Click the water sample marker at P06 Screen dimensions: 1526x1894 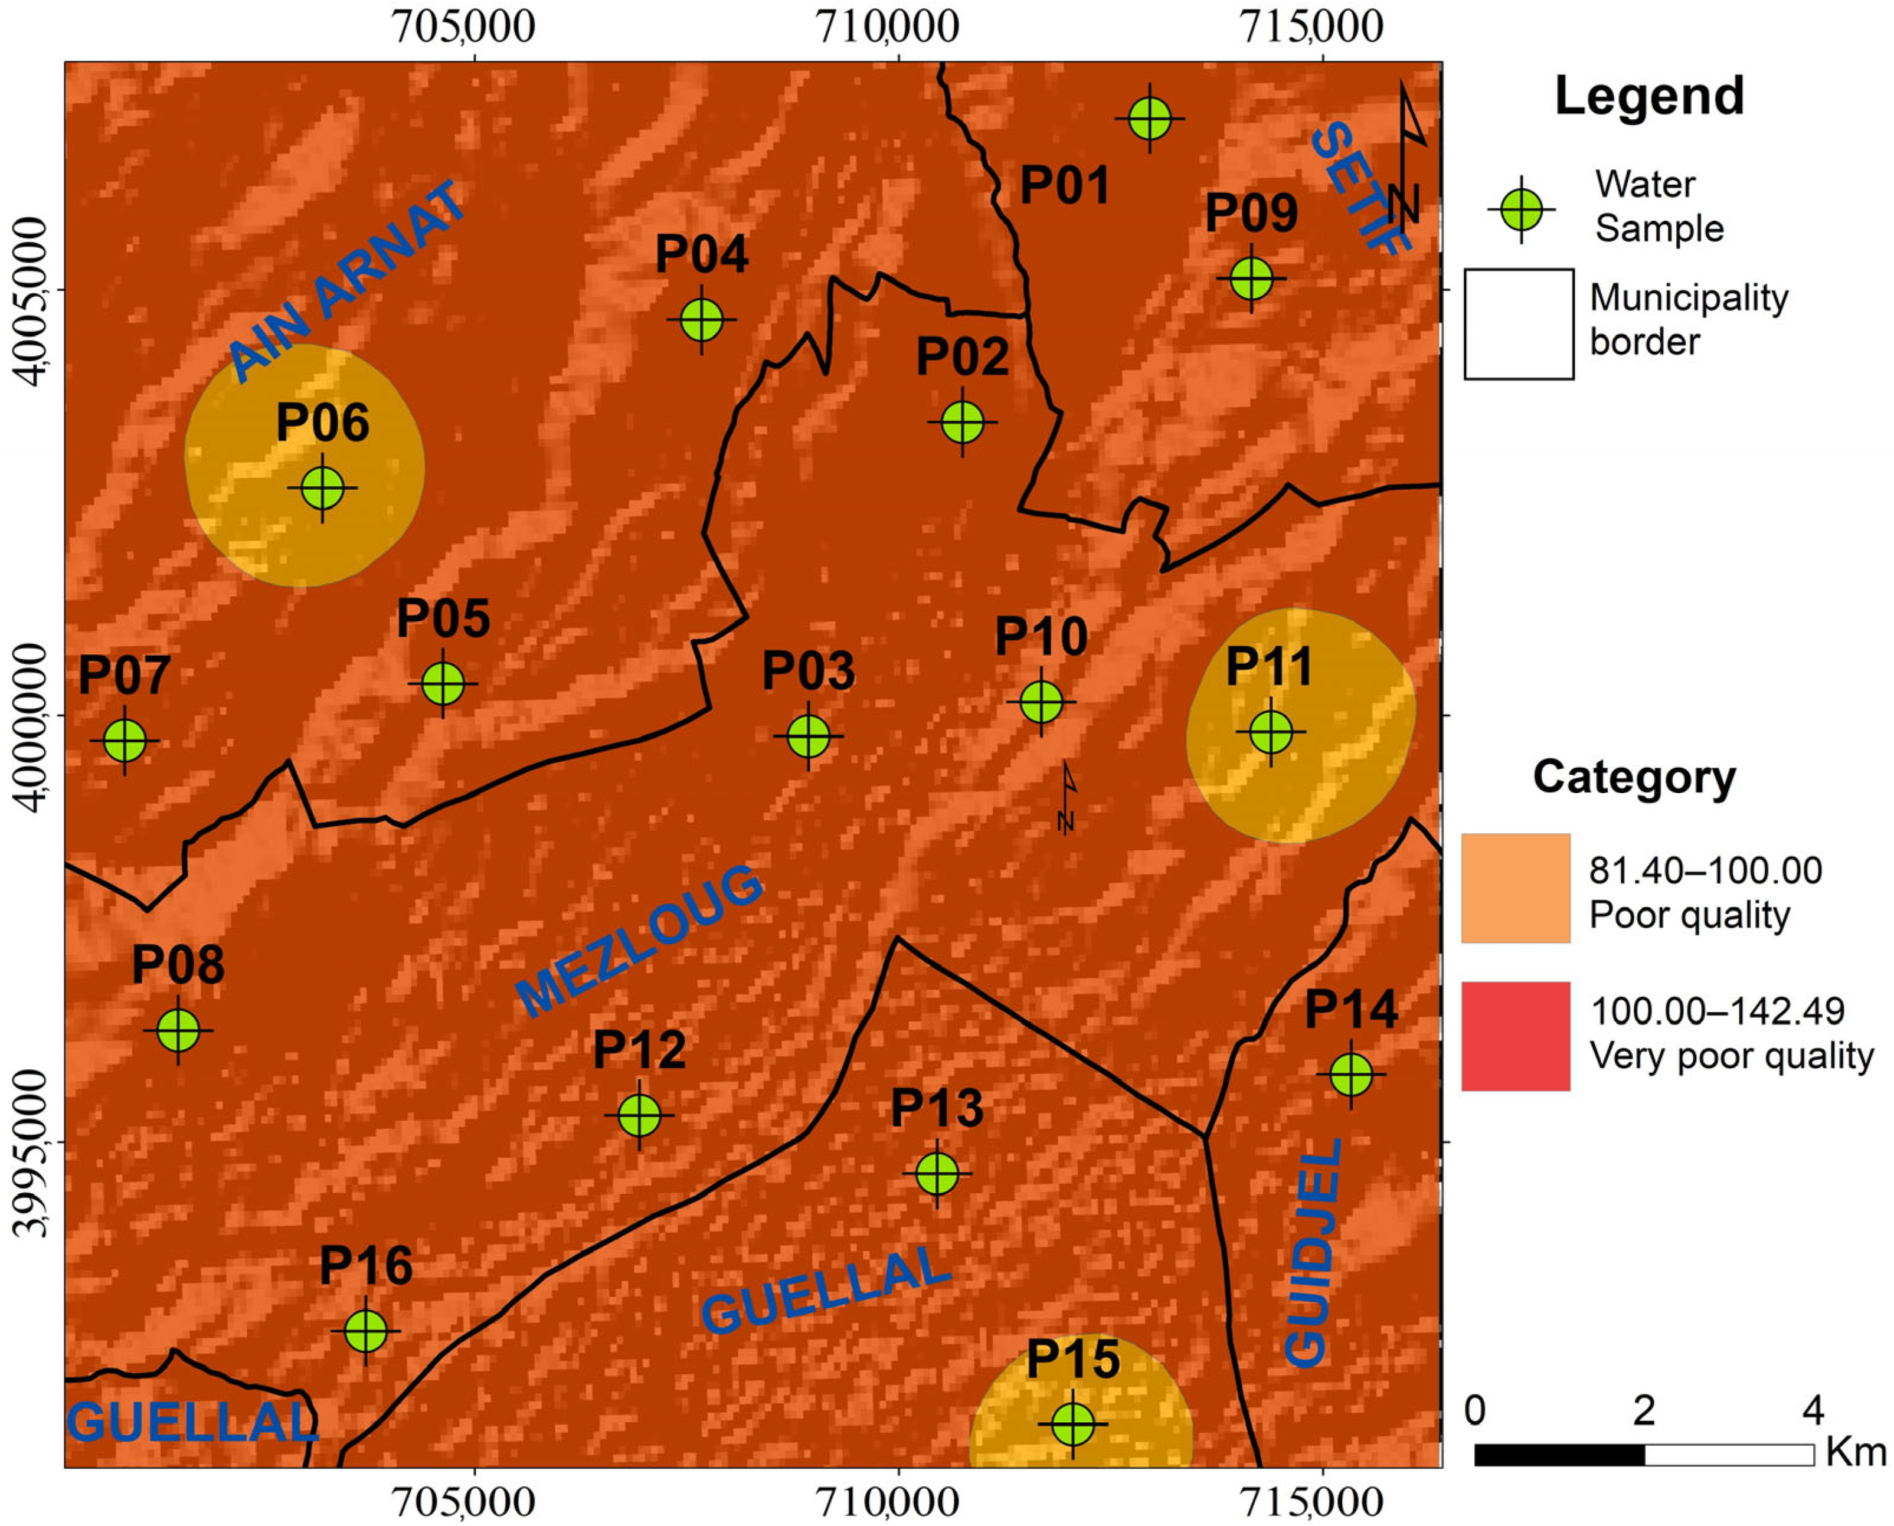click(x=323, y=488)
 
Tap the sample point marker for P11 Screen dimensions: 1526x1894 click(x=1271, y=731)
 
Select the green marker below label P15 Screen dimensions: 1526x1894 click(x=1073, y=1423)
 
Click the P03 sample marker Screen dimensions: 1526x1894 click(x=808, y=736)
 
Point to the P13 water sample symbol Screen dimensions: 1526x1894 click(x=937, y=1174)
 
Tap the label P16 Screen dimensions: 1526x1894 click(x=366, y=1267)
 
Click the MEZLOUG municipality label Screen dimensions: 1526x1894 click(x=639, y=941)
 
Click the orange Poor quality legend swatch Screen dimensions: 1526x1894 click(x=1516, y=888)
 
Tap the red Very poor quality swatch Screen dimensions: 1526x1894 click(x=1516, y=1036)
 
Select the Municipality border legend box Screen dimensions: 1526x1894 click(x=1519, y=325)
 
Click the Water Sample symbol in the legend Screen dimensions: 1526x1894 click(x=1521, y=210)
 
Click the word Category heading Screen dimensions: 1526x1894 click(x=1634, y=778)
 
